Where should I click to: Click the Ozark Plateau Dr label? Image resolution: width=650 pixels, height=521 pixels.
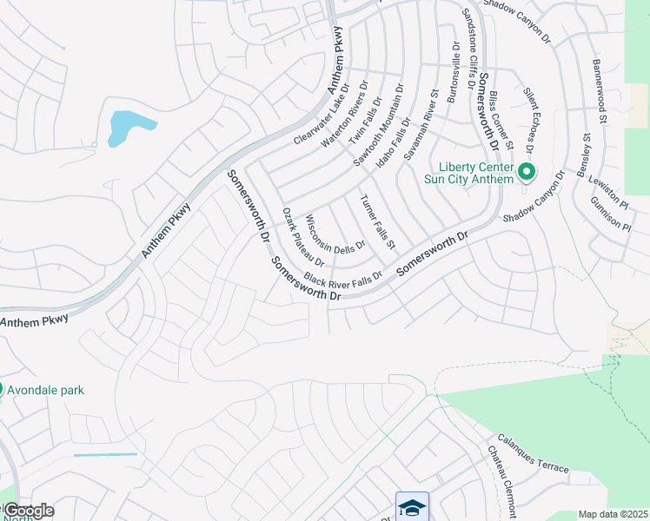point(304,237)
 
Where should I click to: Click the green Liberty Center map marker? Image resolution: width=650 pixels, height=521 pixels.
point(526,172)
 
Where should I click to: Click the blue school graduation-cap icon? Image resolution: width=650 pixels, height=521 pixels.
point(413,506)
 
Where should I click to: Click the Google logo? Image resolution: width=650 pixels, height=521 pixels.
point(29,511)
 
